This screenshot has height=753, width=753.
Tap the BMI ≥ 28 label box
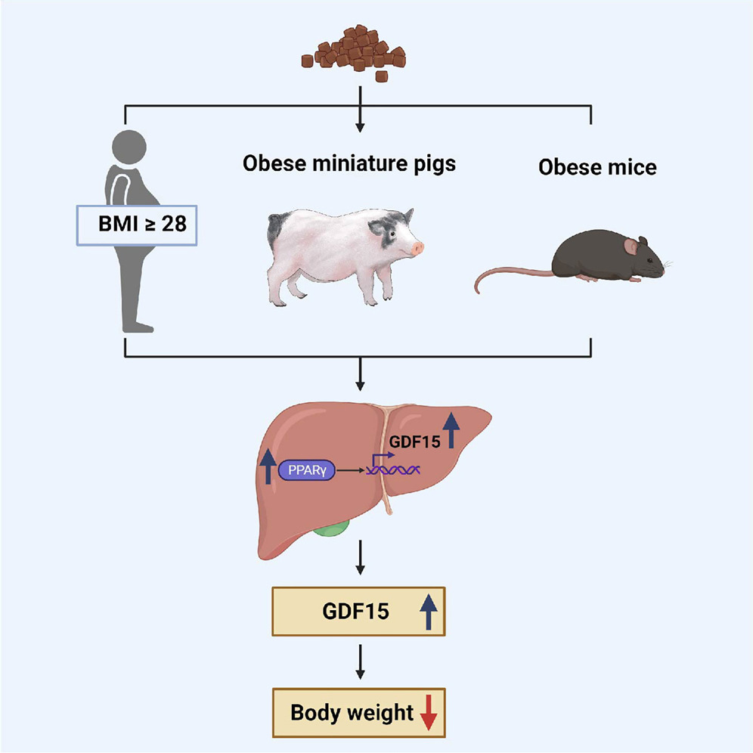[136, 225]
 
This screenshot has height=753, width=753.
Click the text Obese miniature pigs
[349, 163]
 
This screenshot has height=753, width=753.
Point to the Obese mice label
[597, 166]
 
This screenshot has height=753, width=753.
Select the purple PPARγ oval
[305, 471]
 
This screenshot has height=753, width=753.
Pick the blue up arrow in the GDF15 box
[429, 610]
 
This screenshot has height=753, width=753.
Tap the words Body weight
[352, 712]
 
